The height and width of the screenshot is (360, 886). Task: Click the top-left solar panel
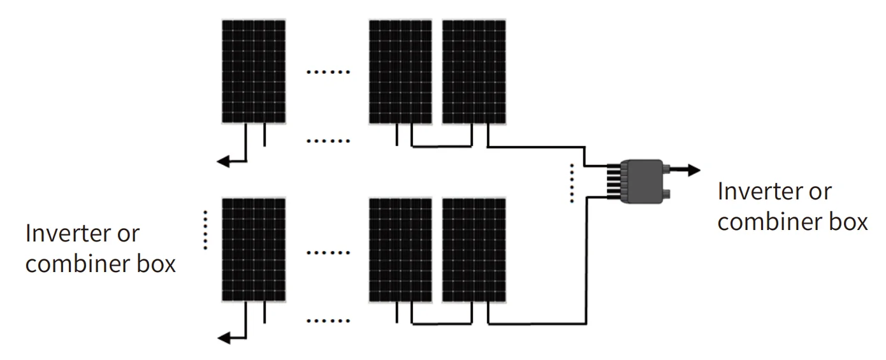254,71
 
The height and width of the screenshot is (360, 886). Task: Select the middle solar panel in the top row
400,71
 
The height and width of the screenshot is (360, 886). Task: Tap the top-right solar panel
474,71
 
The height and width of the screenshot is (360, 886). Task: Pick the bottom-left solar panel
254,250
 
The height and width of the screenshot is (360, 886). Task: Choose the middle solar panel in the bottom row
400,250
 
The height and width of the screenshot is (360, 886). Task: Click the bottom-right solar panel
474,250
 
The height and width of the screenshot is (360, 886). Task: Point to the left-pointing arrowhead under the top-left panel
223,162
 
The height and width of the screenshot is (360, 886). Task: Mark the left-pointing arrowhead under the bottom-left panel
223,338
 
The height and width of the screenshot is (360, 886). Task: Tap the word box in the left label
156,264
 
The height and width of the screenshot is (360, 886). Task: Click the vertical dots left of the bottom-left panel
205,229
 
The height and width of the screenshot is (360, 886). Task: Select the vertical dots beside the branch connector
572,183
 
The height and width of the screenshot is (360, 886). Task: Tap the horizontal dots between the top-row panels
328,72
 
